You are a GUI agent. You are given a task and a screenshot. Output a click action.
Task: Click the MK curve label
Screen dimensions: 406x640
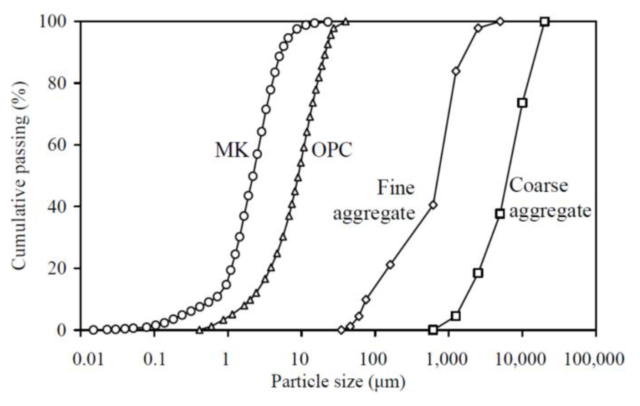(232, 150)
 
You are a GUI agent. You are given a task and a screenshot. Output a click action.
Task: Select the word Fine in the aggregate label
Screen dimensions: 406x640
(396, 188)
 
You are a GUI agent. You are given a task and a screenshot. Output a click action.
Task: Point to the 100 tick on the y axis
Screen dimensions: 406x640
(57, 22)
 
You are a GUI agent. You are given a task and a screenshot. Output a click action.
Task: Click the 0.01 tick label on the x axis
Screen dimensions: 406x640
(88, 359)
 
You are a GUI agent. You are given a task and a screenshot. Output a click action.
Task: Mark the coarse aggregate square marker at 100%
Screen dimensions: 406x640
(545, 22)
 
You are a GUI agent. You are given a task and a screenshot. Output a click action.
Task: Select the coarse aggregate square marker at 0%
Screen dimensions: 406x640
(433, 330)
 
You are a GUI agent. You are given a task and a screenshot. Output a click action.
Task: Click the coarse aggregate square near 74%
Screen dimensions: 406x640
(522, 103)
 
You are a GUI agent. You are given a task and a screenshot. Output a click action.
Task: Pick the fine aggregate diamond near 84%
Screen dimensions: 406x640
(456, 71)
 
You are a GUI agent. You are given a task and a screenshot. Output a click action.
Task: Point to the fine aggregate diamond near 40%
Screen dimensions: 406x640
(433, 205)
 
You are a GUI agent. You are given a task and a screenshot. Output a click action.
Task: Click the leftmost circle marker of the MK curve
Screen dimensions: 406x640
(94, 330)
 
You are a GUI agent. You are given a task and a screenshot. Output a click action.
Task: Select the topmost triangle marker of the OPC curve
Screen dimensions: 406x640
(346, 22)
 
